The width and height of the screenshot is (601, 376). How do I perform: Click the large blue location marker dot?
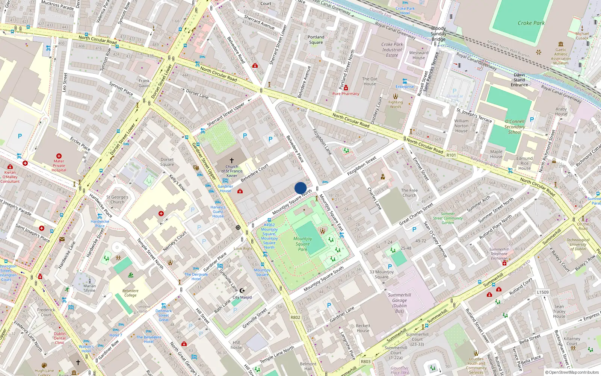[x=300, y=188]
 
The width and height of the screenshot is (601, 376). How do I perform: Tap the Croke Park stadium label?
[x=531, y=23]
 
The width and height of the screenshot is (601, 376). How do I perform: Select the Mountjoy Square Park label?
[x=303, y=244]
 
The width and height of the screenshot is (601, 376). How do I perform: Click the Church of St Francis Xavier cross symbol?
[x=232, y=161]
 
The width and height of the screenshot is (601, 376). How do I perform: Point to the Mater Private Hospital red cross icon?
[x=59, y=156]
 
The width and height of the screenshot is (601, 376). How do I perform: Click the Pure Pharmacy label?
[x=346, y=94]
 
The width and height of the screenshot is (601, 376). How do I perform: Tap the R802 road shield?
[x=296, y=317]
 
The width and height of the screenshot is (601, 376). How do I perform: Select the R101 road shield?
[x=451, y=155]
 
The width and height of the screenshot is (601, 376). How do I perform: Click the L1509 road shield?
[x=542, y=292]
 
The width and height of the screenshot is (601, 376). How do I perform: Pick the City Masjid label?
[x=242, y=297]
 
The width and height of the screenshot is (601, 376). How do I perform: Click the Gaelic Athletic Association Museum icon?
[x=561, y=44]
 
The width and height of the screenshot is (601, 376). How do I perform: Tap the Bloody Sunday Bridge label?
[x=438, y=33]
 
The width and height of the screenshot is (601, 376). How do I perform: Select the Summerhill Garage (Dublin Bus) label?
[x=399, y=303]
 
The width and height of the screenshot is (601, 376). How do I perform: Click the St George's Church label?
[x=117, y=199]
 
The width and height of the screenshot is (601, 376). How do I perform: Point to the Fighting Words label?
[x=395, y=104]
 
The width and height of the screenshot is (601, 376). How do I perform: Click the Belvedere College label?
[x=130, y=293]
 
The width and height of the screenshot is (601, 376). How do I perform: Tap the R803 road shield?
[x=365, y=361]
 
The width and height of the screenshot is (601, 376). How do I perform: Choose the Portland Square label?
[x=316, y=39]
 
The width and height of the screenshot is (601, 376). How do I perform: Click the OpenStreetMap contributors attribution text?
[x=572, y=372]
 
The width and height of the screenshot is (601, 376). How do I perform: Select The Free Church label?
[x=409, y=193]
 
